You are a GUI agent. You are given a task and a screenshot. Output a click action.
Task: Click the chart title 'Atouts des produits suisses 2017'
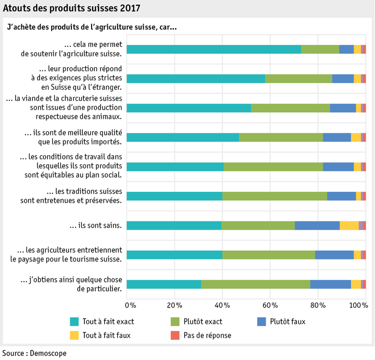pos(71,8)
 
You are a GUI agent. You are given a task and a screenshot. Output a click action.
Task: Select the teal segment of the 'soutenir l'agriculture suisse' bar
pos(214,49)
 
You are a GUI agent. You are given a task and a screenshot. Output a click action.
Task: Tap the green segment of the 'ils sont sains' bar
pos(258,226)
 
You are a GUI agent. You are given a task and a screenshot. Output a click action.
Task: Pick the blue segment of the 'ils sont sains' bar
pos(317,226)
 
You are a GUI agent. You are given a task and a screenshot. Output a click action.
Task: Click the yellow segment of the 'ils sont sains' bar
pos(349,226)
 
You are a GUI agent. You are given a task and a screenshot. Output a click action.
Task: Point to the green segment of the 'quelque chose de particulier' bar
pos(256,284)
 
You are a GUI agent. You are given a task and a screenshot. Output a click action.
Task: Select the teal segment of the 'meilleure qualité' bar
pos(183,138)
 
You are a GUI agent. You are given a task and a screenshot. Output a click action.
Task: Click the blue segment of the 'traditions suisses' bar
pos(341,196)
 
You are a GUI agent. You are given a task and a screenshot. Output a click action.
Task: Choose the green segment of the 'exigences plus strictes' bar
pos(298,79)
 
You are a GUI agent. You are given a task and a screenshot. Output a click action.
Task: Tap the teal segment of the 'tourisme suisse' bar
pos(174,255)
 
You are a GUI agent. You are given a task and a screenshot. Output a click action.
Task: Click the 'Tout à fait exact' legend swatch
pos(74,321)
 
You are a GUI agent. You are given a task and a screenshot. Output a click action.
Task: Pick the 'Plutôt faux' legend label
pos(287,321)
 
